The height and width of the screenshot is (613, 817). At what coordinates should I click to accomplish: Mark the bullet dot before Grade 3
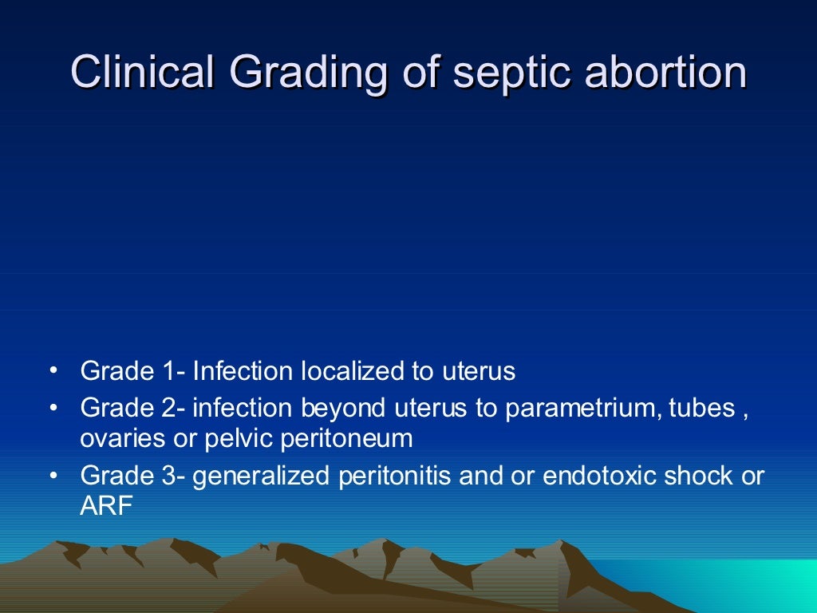coord(53,477)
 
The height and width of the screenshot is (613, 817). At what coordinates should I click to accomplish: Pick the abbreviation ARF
coord(106,505)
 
